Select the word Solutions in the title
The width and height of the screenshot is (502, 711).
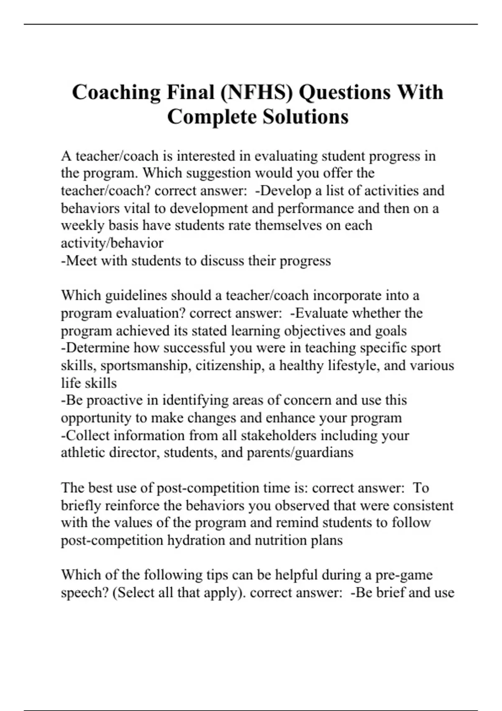click(305, 117)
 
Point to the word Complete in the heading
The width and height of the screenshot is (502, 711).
click(212, 117)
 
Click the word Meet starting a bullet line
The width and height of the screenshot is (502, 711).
click(81, 261)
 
